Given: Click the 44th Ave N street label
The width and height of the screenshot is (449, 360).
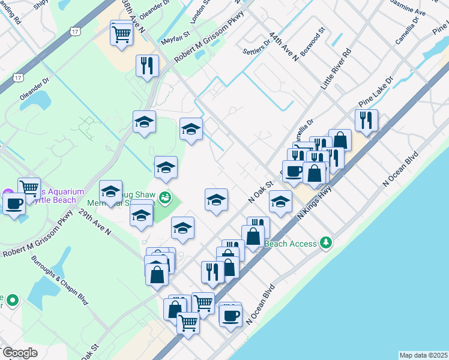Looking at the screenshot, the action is point(284,47).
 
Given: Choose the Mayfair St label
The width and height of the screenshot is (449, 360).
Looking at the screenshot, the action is point(175,40).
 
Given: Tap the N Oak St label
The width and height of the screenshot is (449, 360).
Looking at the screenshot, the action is point(261,191).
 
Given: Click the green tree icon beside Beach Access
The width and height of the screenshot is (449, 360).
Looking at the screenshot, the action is point(326,242).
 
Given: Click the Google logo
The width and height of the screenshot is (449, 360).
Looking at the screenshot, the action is point(20,353).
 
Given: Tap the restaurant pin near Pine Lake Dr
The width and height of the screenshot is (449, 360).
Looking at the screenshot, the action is point(366,120).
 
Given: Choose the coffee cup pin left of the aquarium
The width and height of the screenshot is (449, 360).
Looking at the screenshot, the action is point(14,203).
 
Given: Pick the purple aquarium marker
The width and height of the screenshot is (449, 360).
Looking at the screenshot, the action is point(7,193).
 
